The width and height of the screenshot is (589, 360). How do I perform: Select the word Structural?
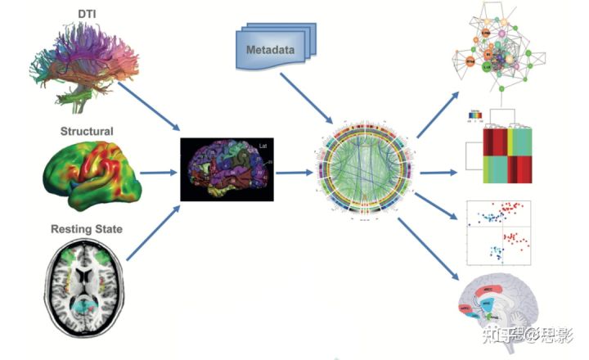[87, 131]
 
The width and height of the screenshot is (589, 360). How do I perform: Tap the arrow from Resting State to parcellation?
[151, 234]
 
